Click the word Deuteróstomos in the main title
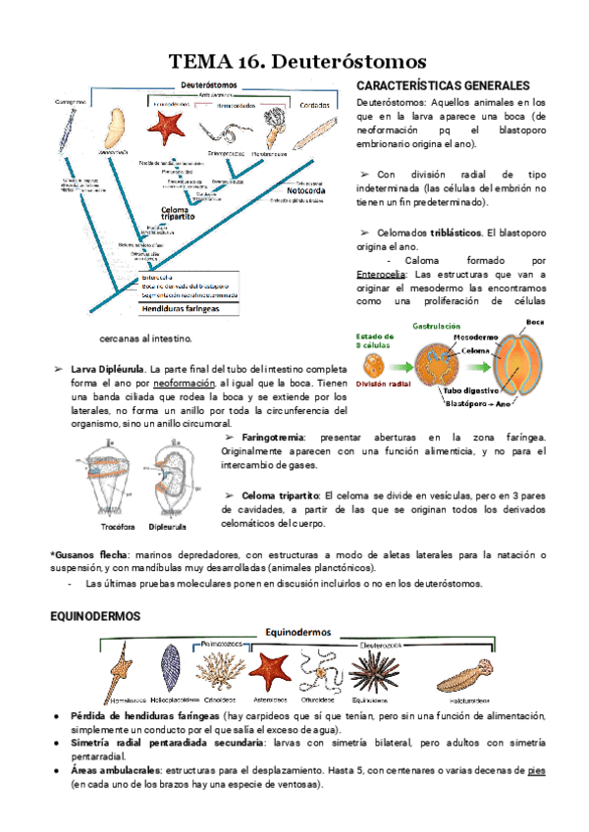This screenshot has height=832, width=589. tap(347, 64)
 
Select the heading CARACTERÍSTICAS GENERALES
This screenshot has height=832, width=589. tap(443, 86)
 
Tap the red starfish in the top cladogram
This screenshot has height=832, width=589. tap(167, 126)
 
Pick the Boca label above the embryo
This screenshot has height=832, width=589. tap(535, 321)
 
